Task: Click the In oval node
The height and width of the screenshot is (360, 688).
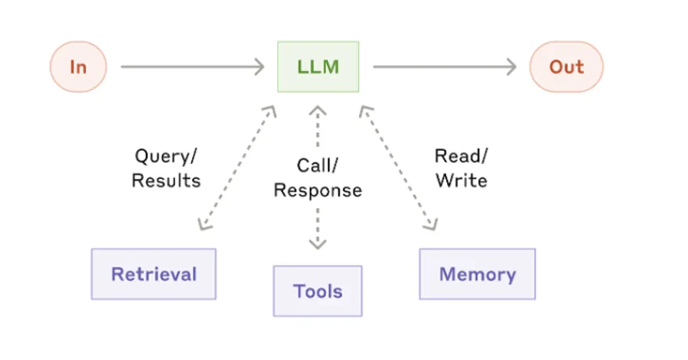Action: [78, 66]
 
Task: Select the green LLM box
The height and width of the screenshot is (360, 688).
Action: [318, 66]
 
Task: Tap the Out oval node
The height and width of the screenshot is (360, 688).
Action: [567, 66]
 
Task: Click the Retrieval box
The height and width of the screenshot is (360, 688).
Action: [153, 274]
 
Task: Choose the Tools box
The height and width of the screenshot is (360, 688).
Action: [318, 291]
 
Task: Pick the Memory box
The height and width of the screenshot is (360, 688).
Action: [478, 274]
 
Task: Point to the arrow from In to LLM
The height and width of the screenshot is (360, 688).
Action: [193, 66]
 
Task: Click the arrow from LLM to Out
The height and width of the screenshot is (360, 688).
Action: [445, 66]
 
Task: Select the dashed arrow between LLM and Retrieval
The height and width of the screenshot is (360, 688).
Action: [237, 168]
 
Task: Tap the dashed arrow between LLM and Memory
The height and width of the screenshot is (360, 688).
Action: [398, 168]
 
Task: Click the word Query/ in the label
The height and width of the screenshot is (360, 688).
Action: [166, 157]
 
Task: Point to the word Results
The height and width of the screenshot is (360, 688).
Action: [166, 181]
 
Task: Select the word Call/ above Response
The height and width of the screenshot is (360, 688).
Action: [318, 166]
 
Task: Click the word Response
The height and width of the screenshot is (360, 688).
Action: [318, 191]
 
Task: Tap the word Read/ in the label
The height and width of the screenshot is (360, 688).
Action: [461, 156]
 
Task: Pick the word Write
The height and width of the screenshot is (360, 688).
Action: [461, 181]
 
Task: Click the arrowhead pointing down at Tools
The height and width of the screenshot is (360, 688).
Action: [318, 244]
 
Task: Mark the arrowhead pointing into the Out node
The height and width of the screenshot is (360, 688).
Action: [512, 66]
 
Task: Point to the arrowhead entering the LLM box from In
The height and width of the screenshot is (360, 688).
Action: [260, 66]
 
